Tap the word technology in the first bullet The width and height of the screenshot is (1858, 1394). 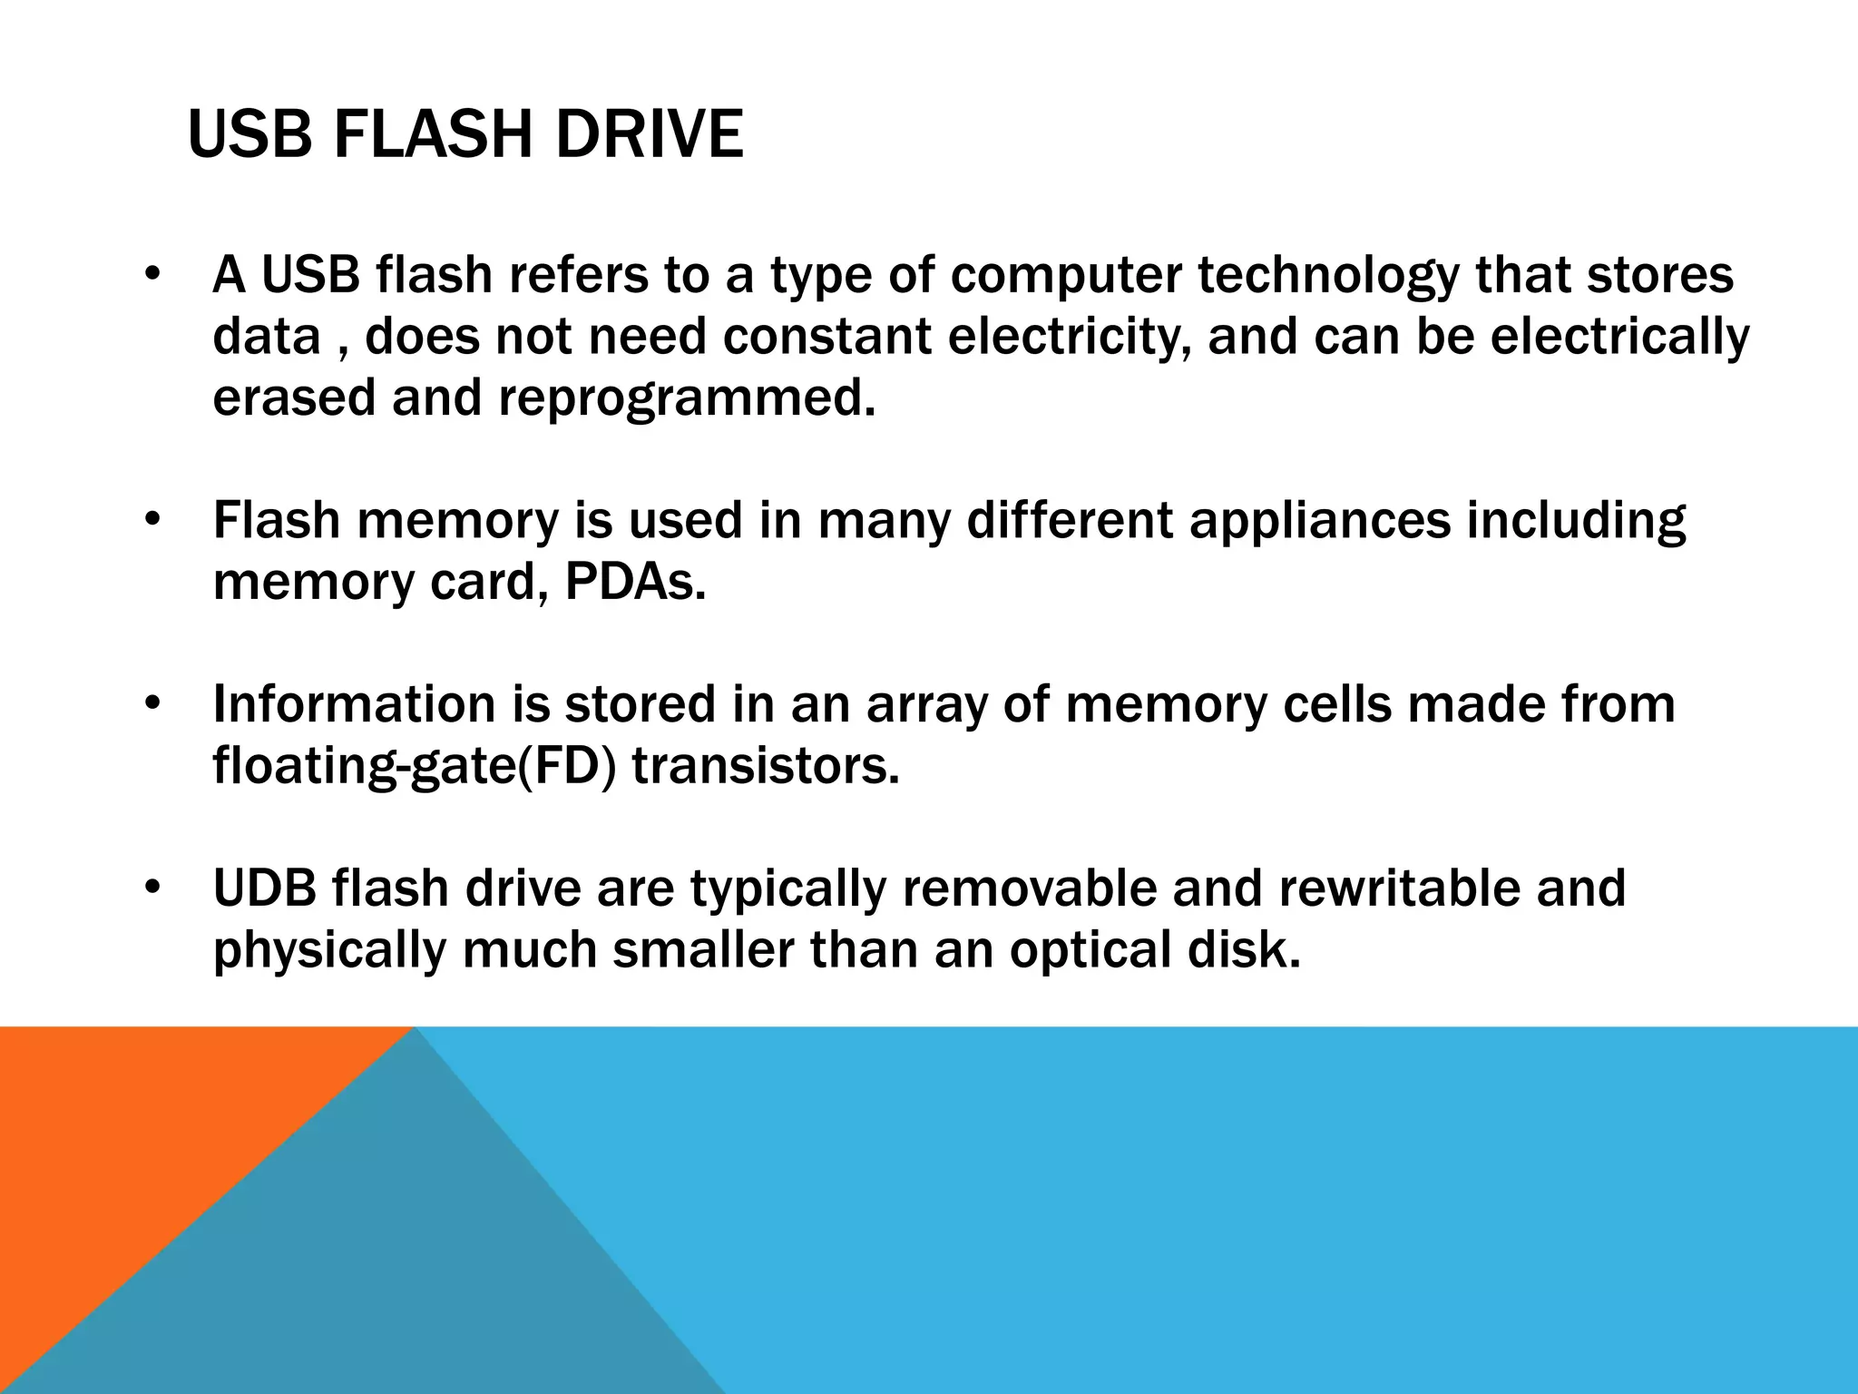click(x=1328, y=276)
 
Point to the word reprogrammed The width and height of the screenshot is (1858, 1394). click(x=688, y=399)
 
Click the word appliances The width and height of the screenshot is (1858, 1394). click(x=1320, y=522)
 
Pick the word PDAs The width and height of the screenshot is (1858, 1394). click(x=635, y=583)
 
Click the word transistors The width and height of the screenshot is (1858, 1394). click(x=766, y=766)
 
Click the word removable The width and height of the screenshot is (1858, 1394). click(x=1029, y=888)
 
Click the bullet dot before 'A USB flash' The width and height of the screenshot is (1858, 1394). click(x=152, y=276)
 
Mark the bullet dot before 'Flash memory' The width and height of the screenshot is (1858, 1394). click(x=152, y=522)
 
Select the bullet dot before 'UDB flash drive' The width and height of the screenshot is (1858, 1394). click(x=152, y=888)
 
